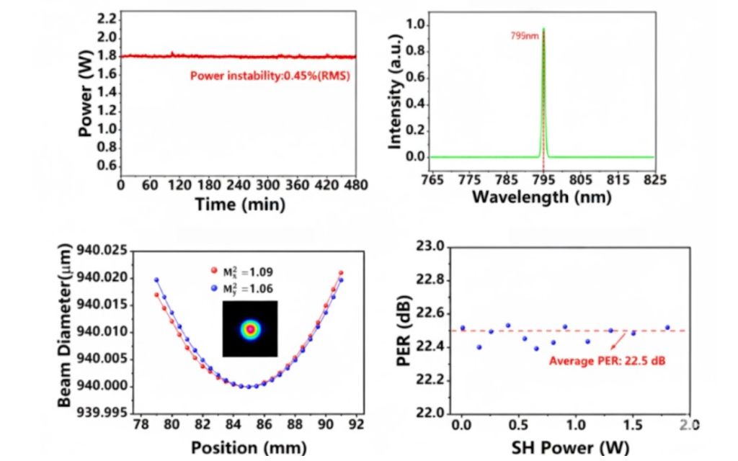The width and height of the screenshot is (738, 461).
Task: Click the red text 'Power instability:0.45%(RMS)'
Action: (270, 75)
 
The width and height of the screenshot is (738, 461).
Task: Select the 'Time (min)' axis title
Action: (240, 205)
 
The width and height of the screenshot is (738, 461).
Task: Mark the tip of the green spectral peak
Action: (543, 29)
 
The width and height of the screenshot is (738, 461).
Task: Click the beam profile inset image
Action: (250, 329)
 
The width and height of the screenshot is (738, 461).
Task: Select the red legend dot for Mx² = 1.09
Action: (213, 272)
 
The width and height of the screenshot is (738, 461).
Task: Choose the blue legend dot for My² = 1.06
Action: (213, 289)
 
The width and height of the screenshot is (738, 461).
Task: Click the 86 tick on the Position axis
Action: (264, 426)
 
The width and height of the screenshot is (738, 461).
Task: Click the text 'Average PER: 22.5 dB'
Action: (607, 360)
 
